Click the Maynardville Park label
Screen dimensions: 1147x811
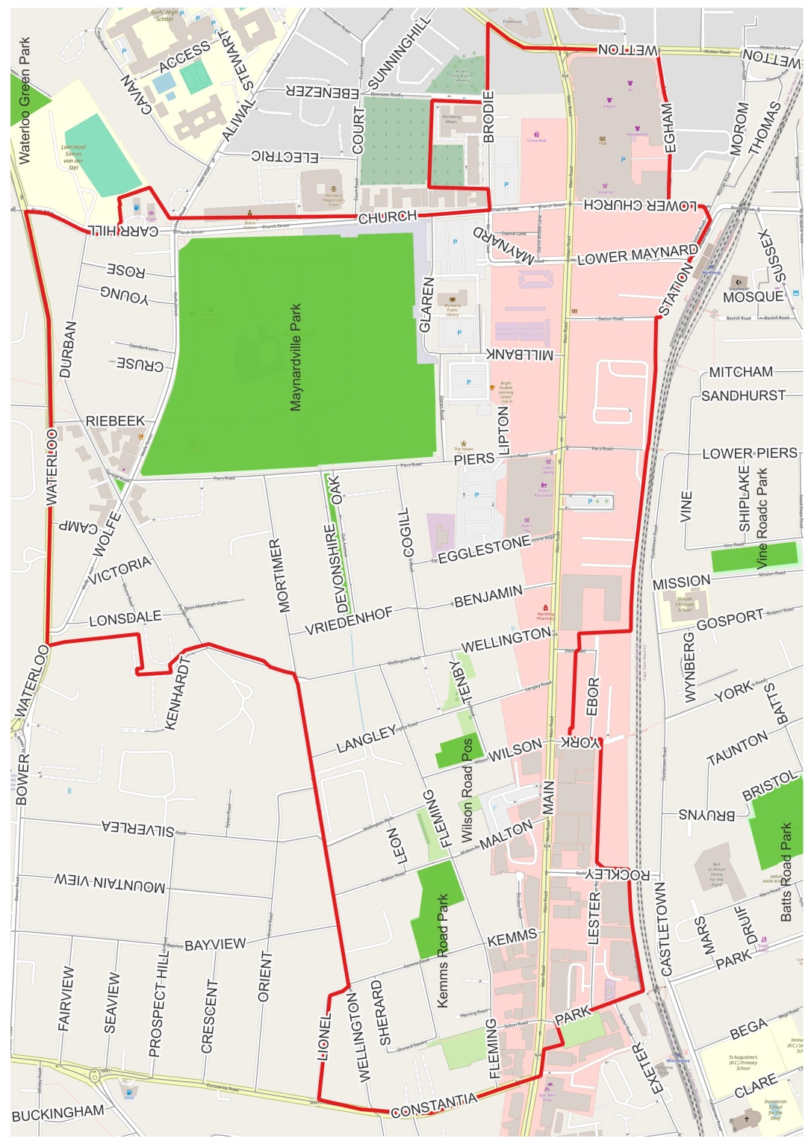296,357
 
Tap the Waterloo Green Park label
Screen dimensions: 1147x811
25,101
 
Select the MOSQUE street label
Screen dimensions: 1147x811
753,297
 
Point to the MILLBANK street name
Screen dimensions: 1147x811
521,353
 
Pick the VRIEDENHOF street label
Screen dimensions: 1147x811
349,621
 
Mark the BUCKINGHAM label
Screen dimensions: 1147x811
58,1113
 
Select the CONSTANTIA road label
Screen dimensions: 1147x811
434,1105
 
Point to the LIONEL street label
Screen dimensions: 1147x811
324,1036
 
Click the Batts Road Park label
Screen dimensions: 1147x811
786,872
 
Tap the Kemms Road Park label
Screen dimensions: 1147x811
443,951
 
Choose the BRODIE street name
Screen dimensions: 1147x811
489,116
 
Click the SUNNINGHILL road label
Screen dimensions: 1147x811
400,52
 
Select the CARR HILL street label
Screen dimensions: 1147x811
125,231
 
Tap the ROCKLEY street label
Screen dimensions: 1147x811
619,874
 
